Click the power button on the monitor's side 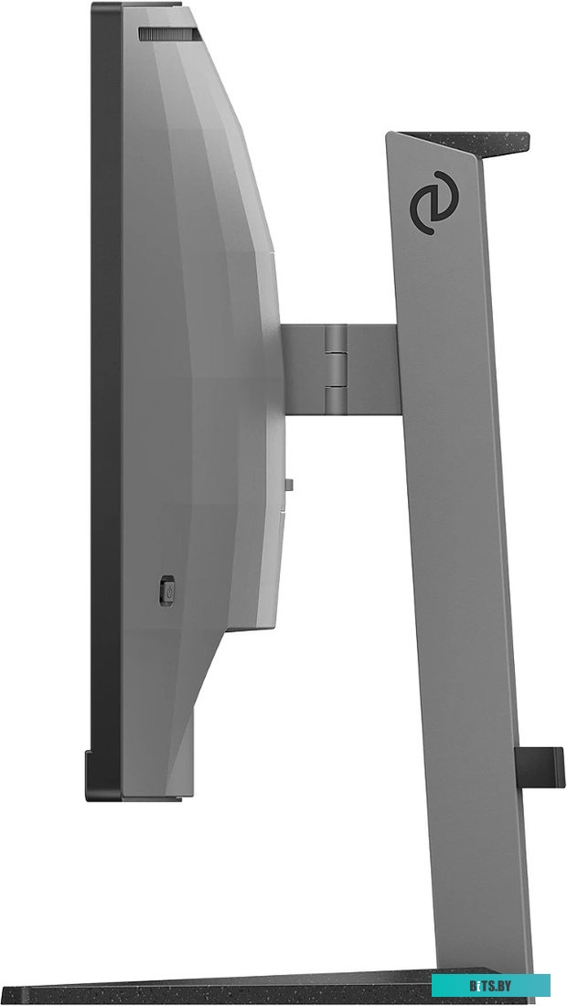coord(166,591)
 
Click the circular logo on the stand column coord(434,203)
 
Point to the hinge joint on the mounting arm coord(336,369)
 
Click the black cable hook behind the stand coord(540,767)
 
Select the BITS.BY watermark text coord(490,985)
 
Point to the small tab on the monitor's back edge coord(289,485)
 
